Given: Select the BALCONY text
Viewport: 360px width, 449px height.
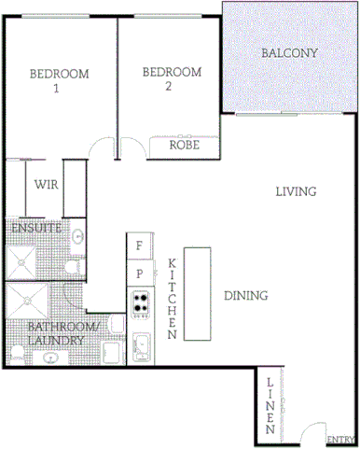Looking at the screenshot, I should [x=289, y=53].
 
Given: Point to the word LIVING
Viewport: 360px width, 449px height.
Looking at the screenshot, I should [x=297, y=191].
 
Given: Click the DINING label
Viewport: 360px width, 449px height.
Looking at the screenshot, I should [x=246, y=295].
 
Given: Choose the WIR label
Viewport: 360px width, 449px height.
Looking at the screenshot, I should [x=47, y=185].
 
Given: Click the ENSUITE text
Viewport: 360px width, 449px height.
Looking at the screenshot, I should [x=36, y=228].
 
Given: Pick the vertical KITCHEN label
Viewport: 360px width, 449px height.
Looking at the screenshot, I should [x=173, y=298].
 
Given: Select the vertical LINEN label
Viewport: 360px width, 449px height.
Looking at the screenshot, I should [x=270, y=407].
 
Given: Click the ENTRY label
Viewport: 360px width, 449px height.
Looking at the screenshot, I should [x=339, y=440].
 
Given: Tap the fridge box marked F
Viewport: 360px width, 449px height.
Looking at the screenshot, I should [x=140, y=246].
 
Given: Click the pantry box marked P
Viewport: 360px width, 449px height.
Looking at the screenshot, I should [x=140, y=274].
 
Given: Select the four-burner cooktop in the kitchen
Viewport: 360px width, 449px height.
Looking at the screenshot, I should [x=141, y=302].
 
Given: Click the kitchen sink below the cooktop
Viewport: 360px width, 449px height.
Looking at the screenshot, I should [x=144, y=348].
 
